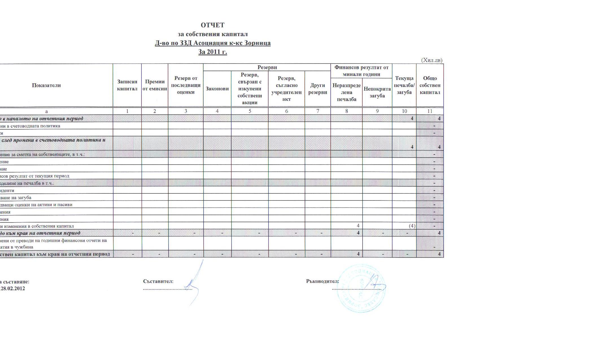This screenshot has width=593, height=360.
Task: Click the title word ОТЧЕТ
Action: (213, 25)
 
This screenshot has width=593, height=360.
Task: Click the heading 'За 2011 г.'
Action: (213, 52)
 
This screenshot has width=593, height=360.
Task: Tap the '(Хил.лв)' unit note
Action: (431, 60)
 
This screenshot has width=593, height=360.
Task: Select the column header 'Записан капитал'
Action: (127, 85)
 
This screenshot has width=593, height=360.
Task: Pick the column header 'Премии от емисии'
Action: (155, 85)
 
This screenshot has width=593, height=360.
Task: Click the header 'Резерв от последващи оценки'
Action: (186, 85)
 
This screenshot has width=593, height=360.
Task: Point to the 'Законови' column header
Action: (217, 89)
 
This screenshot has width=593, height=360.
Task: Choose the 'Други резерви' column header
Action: (317, 89)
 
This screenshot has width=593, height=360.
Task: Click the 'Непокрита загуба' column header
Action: (377, 92)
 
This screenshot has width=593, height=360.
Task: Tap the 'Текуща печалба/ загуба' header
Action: (404, 85)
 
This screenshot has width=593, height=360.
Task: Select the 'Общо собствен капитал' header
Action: (430, 85)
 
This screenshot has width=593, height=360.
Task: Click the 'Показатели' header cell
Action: (46, 85)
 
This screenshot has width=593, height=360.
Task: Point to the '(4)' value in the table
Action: (412, 226)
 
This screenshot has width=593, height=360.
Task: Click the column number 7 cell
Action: (317, 111)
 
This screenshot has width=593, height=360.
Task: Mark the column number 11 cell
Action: (430, 111)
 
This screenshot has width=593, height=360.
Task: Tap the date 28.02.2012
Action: (13, 289)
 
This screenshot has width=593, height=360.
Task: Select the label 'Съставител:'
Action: (158, 281)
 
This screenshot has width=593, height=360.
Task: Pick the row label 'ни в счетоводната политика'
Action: (30, 126)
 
